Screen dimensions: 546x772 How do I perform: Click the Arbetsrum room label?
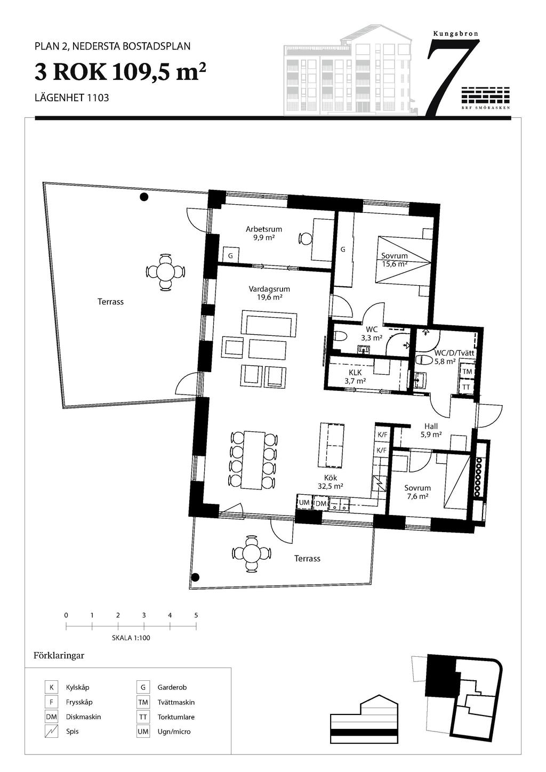click(x=264, y=229)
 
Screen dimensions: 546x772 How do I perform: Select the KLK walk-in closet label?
click(x=355, y=373)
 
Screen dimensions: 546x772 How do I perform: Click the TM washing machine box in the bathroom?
click(x=467, y=372)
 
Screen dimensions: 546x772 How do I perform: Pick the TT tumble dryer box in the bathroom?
click(x=467, y=387)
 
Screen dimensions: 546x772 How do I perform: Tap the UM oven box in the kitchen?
click(x=304, y=502)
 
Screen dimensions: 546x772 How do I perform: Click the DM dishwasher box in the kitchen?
click(x=320, y=503)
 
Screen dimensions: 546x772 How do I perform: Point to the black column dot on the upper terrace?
click(x=144, y=197)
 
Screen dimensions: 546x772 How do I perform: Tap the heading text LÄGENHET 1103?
click(x=71, y=98)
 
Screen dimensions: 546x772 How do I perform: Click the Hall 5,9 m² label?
click(x=431, y=430)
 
